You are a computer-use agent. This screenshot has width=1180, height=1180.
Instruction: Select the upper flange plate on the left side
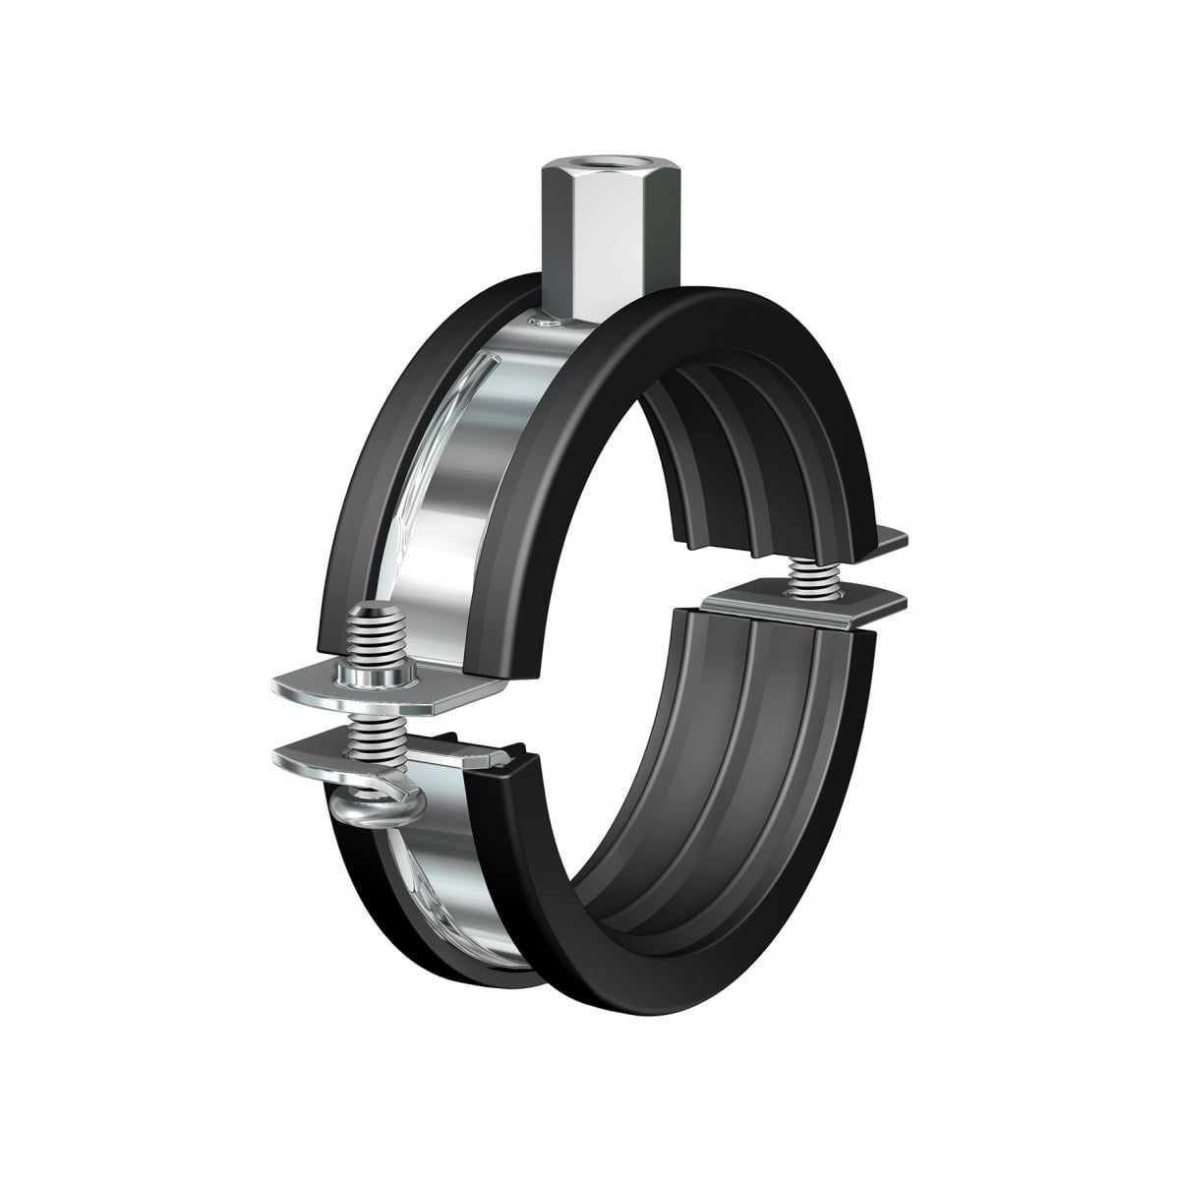click(324, 687)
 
